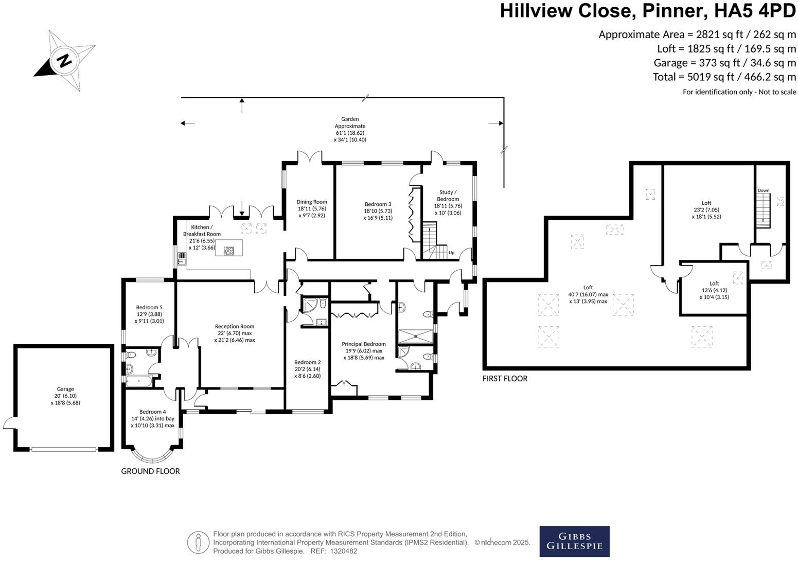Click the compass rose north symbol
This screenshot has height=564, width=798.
(65, 60)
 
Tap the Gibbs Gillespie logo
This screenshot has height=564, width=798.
(574, 541)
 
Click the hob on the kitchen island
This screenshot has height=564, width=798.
(229, 251)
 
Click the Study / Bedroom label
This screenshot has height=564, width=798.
(448, 196)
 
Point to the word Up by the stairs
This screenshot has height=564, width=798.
(451, 253)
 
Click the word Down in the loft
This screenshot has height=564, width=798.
(763, 190)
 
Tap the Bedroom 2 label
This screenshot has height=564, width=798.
(308, 362)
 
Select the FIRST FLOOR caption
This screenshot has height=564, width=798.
(505, 378)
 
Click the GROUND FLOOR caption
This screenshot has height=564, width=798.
(150, 471)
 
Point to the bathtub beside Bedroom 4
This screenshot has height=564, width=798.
(139, 381)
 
